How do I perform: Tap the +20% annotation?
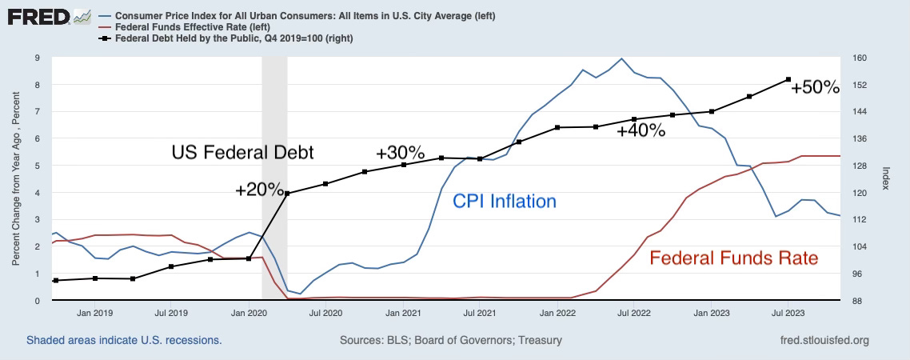259,190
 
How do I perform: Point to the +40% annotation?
641,131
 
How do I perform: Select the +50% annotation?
815,87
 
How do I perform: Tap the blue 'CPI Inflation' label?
504,201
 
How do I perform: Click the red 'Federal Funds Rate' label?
733,258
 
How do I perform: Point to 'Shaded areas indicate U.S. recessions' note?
124,340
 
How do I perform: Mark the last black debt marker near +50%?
788,79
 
